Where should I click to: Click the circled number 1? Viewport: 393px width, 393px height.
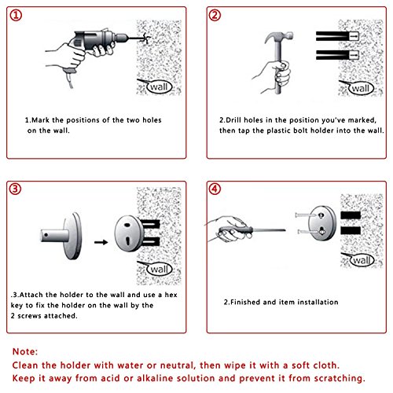point(16,15)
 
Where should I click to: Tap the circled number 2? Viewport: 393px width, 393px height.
point(215,15)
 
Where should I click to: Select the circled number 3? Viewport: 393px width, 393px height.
point(15,189)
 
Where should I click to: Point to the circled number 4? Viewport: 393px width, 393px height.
point(215,189)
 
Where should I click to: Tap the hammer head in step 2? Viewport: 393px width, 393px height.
point(278,37)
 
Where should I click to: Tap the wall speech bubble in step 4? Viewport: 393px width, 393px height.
point(361,260)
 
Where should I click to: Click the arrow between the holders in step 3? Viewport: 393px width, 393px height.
point(101,242)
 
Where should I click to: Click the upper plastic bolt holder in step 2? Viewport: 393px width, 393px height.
point(337,36)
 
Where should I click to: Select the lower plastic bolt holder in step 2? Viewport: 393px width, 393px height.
point(337,55)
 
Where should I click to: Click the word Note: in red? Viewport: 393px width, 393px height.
point(25,351)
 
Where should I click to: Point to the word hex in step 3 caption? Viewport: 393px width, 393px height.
point(171,295)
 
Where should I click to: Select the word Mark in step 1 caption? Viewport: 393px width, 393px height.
point(40,120)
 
